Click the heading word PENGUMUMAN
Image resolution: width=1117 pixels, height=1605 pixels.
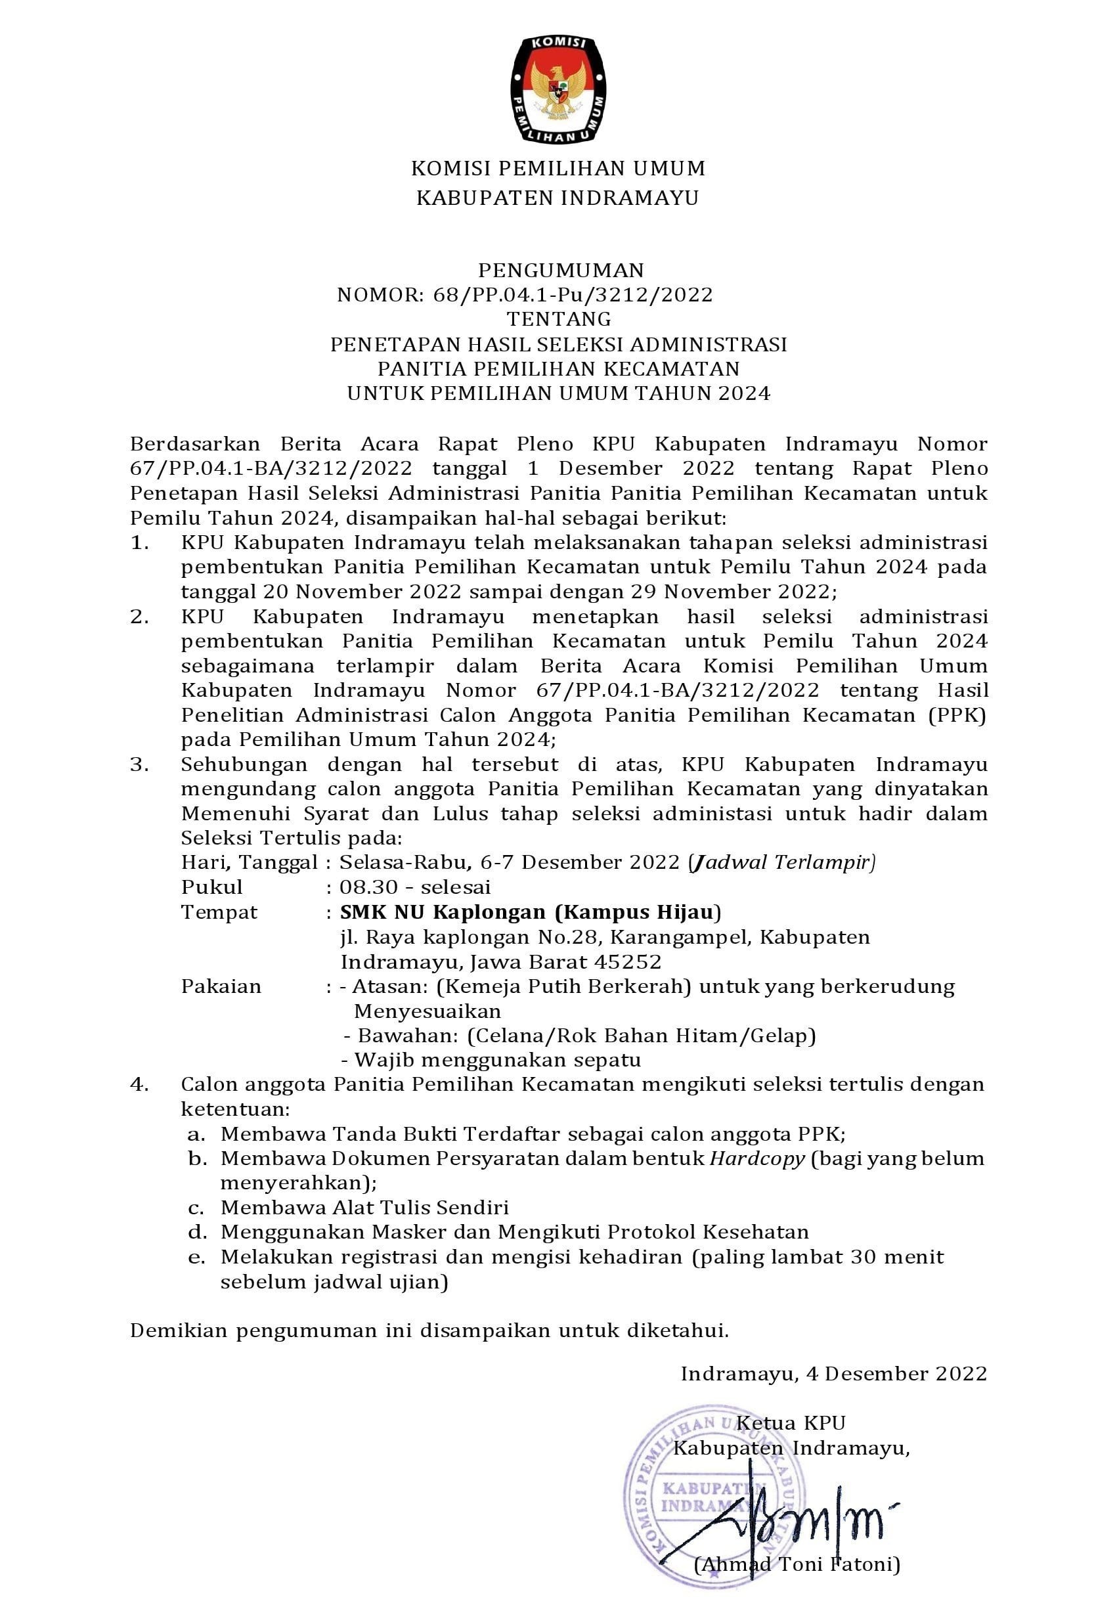(561, 270)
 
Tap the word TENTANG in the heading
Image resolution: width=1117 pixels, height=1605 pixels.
(558, 319)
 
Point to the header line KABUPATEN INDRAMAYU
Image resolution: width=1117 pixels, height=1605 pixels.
(558, 198)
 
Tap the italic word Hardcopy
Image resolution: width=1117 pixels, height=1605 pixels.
(758, 1158)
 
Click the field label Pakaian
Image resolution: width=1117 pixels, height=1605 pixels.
(221, 986)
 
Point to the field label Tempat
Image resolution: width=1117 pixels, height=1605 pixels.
(219, 912)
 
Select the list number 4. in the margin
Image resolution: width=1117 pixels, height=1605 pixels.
(140, 1084)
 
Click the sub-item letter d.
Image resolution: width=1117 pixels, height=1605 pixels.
(196, 1232)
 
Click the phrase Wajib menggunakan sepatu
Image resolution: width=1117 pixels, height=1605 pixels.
(498, 1060)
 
